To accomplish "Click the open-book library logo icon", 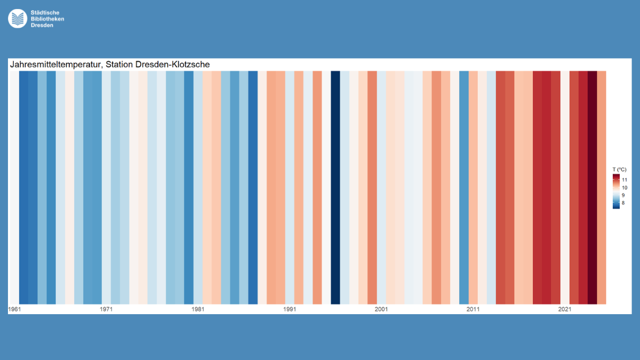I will pos(18,19).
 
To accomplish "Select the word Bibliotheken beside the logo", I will pos(47,19).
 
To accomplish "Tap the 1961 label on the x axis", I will pos(14,309).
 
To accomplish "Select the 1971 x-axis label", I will pos(106,309).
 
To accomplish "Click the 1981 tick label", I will pos(198,309).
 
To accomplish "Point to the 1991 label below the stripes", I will pos(290,309).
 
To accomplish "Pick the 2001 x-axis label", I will pos(381,309).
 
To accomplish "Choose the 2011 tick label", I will pos(473,309).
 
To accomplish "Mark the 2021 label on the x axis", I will pos(565,309).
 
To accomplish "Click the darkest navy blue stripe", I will pos(335,187).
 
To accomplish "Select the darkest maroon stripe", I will pos(592,187).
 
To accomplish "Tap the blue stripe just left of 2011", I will pos(464,187).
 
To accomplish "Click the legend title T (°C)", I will pos(619,169).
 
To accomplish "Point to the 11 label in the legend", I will pos(625,180).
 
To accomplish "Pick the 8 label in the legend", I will pos(623,203).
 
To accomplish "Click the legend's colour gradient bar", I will pos(616,191).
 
